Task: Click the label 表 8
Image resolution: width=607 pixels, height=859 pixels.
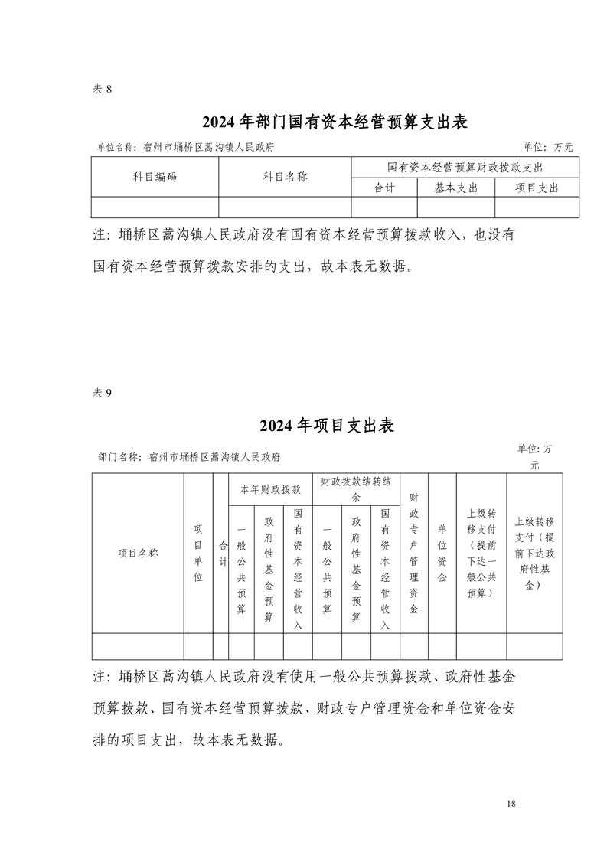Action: [x=103, y=89]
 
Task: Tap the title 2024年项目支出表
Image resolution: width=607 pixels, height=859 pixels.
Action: [x=327, y=426]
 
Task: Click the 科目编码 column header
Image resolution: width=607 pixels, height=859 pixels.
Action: [x=155, y=177]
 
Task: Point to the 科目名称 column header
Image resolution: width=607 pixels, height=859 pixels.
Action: [x=285, y=177]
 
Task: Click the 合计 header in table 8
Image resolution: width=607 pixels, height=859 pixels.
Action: [x=383, y=188]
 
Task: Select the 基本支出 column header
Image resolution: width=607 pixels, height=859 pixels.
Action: [x=455, y=188]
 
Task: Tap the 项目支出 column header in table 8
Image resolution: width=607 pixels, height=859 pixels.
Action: [x=537, y=188]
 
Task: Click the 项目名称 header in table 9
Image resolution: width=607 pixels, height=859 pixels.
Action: [x=138, y=553]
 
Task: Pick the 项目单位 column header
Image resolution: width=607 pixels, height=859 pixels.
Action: [x=197, y=553]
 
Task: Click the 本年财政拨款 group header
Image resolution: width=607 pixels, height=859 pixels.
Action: [x=270, y=488]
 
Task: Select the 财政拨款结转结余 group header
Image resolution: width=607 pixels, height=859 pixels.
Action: [x=357, y=488]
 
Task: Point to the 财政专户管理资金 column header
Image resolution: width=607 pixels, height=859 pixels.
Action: [x=413, y=553]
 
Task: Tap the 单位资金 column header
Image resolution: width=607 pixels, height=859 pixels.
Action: [x=442, y=553]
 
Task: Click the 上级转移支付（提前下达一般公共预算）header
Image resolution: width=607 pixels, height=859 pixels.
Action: [x=481, y=553]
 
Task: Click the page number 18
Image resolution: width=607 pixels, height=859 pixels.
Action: [x=511, y=804]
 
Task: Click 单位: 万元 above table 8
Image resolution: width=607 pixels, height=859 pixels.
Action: [x=547, y=147]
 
